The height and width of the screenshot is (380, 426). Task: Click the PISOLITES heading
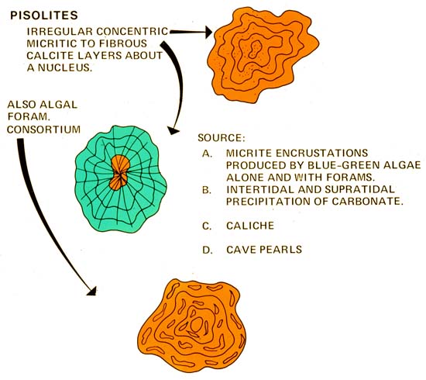click(x=44, y=16)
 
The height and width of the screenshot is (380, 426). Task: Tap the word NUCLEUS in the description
click(x=64, y=67)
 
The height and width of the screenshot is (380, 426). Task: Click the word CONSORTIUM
click(x=43, y=130)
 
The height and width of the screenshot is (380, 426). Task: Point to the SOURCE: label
click(x=222, y=138)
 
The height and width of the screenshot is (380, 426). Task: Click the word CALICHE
click(x=250, y=226)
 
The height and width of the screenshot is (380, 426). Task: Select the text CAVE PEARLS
click(x=264, y=250)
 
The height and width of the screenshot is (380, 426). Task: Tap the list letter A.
click(x=207, y=154)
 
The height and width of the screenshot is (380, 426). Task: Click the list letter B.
click(x=207, y=190)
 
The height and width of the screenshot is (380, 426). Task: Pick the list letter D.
click(x=208, y=250)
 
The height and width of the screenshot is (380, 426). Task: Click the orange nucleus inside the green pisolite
click(x=120, y=172)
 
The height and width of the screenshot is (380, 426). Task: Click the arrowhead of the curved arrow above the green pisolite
click(x=173, y=130)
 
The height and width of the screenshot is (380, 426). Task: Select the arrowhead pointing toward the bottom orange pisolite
click(x=92, y=292)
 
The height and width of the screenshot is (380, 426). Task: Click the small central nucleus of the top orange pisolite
click(x=255, y=49)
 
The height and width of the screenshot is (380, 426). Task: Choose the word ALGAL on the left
click(x=59, y=105)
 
